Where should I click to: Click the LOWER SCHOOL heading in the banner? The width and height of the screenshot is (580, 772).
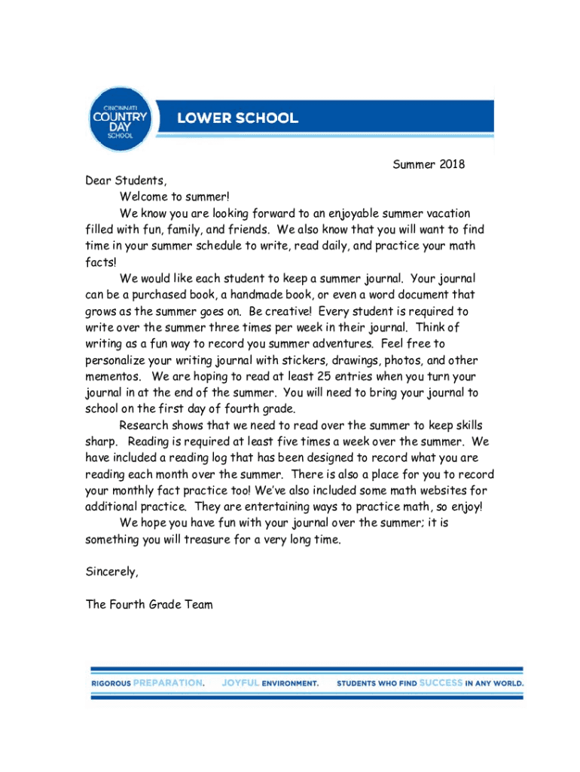(237, 118)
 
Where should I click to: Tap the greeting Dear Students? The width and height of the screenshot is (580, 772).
(125, 181)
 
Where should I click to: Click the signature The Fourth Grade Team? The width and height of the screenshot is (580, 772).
(150, 604)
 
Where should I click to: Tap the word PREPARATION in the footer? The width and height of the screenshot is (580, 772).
(167, 683)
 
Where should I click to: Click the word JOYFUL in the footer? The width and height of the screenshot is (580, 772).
(240, 683)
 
